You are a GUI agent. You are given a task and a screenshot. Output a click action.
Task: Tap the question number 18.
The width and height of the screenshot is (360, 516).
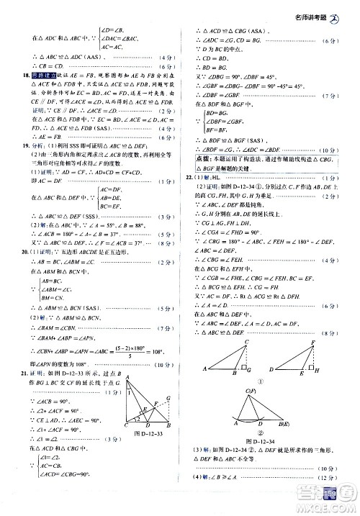coord(26,76)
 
